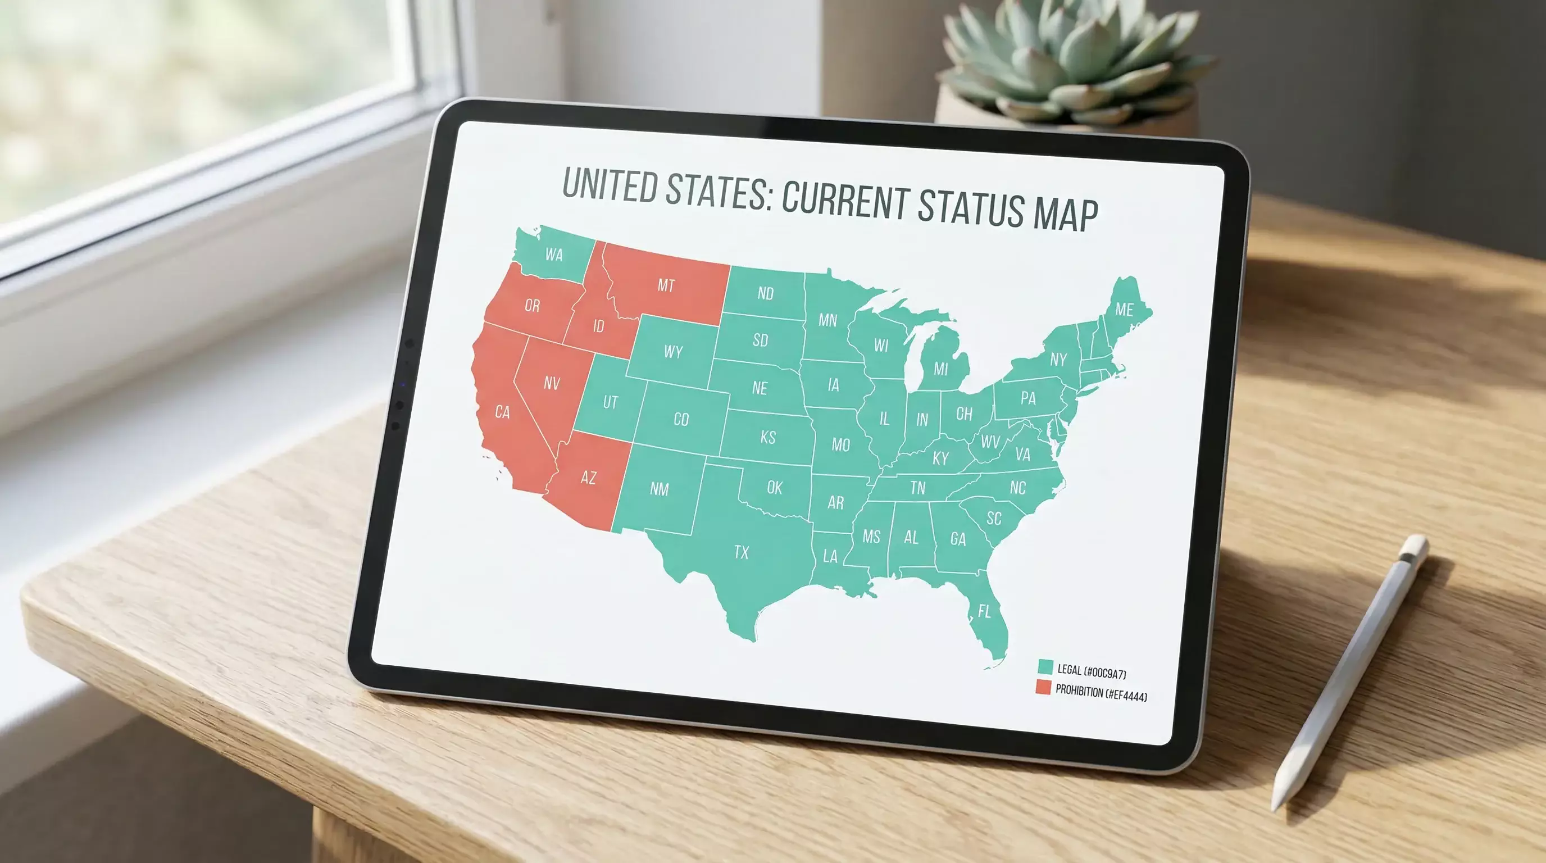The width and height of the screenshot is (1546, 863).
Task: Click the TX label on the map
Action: tap(741, 552)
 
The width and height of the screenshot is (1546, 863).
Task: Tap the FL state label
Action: tap(984, 611)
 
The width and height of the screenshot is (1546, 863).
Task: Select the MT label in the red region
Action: tap(666, 285)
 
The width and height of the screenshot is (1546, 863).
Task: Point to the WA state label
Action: tap(554, 255)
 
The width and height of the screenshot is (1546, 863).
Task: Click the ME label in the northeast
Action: tap(1124, 310)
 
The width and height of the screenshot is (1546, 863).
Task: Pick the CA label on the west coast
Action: tap(502, 412)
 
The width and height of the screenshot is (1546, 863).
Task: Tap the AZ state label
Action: tap(588, 478)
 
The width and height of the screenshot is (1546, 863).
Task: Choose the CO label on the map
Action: tap(681, 420)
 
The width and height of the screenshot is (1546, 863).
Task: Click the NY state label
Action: tap(1058, 360)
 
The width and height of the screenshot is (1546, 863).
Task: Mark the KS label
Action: tap(768, 438)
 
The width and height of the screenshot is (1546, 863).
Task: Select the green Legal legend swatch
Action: tap(1045, 667)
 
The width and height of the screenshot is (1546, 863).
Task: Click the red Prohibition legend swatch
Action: tap(1043, 688)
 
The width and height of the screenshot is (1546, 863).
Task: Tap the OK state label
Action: tap(775, 488)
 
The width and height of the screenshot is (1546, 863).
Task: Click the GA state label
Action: tap(958, 539)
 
